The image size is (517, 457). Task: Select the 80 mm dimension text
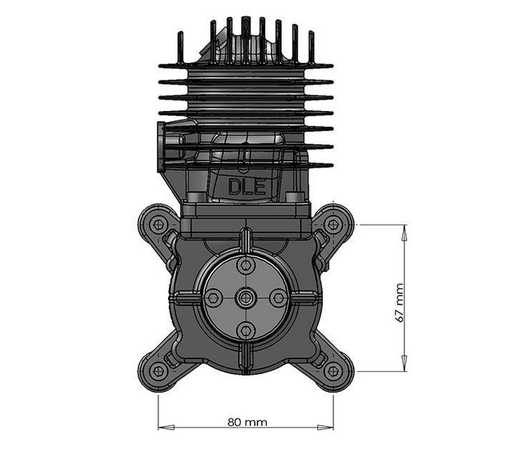[247, 421]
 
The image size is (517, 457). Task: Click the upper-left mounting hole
[158, 224]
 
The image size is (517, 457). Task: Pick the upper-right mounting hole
[333, 224]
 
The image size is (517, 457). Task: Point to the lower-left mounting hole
[158, 371]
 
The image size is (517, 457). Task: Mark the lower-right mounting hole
[333, 371]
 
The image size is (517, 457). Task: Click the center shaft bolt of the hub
[246, 298]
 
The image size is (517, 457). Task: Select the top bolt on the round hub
[246, 265]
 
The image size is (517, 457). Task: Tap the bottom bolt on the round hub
[246, 330]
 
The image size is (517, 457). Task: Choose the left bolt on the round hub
[213, 298]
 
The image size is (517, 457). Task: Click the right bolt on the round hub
[278, 298]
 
